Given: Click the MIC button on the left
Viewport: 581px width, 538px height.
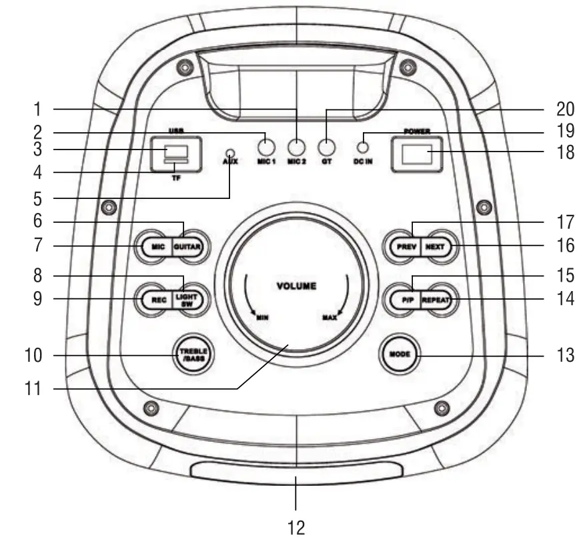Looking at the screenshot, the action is [x=157, y=247].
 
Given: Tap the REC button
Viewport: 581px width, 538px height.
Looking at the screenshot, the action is [x=157, y=300].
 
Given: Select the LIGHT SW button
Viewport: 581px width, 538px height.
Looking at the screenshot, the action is [x=187, y=300].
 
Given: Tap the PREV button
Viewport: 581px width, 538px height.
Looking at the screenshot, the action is [x=406, y=247].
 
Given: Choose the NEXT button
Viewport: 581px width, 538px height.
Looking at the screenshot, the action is [x=436, y=247].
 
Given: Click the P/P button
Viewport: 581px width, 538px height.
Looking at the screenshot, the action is [x=406, y=300].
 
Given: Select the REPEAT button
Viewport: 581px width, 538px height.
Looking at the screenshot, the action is [x=436, y=300].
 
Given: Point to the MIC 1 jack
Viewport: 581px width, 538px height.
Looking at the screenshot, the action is [x=266, y=148].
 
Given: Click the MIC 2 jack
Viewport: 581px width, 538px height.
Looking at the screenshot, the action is [x=296, y=148].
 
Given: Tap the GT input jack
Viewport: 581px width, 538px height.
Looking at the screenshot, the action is [x=326, y=148].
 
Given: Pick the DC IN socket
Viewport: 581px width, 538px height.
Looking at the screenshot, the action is [x=363, y=148].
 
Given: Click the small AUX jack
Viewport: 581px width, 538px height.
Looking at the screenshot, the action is [x=231, y=153].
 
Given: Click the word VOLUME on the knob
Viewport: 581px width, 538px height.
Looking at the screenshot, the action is [x=296, y=286].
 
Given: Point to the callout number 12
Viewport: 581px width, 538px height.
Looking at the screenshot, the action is [x=296, y=527].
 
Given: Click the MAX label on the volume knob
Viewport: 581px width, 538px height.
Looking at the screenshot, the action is [x=330, y=318].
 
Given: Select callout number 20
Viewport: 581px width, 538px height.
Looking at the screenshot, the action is [x=566, y=109].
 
